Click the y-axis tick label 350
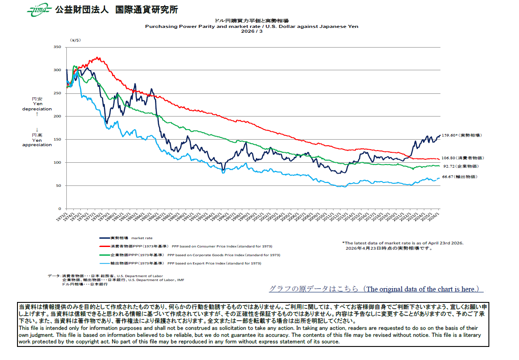tap(57, 47)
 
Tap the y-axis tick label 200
tap(57, 116)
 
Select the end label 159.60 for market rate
tap(461, 135)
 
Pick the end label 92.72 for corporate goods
tap(460, 166)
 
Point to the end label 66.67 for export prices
tap(460, 177)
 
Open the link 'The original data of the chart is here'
tap(376, 289)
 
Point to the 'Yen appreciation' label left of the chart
tap(37, 140)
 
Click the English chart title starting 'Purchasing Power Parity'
tap(251, 26)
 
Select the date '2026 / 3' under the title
tap(252, 31)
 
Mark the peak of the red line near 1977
tap(98, 57)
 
